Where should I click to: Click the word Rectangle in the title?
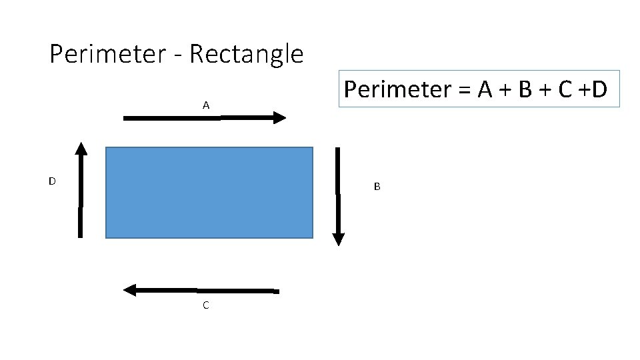coord(246,54)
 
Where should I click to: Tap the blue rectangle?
coord(209,193)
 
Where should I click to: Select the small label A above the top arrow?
coord(206,105)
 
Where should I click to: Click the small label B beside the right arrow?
coord(377,187)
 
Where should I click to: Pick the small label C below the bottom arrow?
coord(205,305)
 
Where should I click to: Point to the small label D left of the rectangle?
coord(51,181)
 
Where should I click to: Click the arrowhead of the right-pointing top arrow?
coord(279,118)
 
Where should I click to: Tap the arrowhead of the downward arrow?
coord(338,238)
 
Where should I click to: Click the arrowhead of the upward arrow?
coord(81,149)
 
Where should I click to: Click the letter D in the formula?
coord(599,89)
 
